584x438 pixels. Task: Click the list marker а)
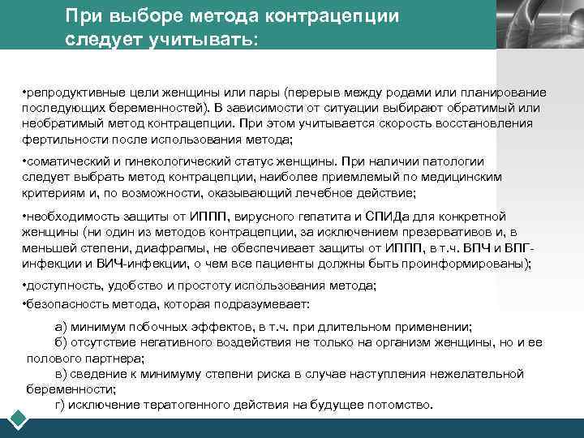[60, 326]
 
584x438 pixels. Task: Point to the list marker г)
[59, 404]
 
